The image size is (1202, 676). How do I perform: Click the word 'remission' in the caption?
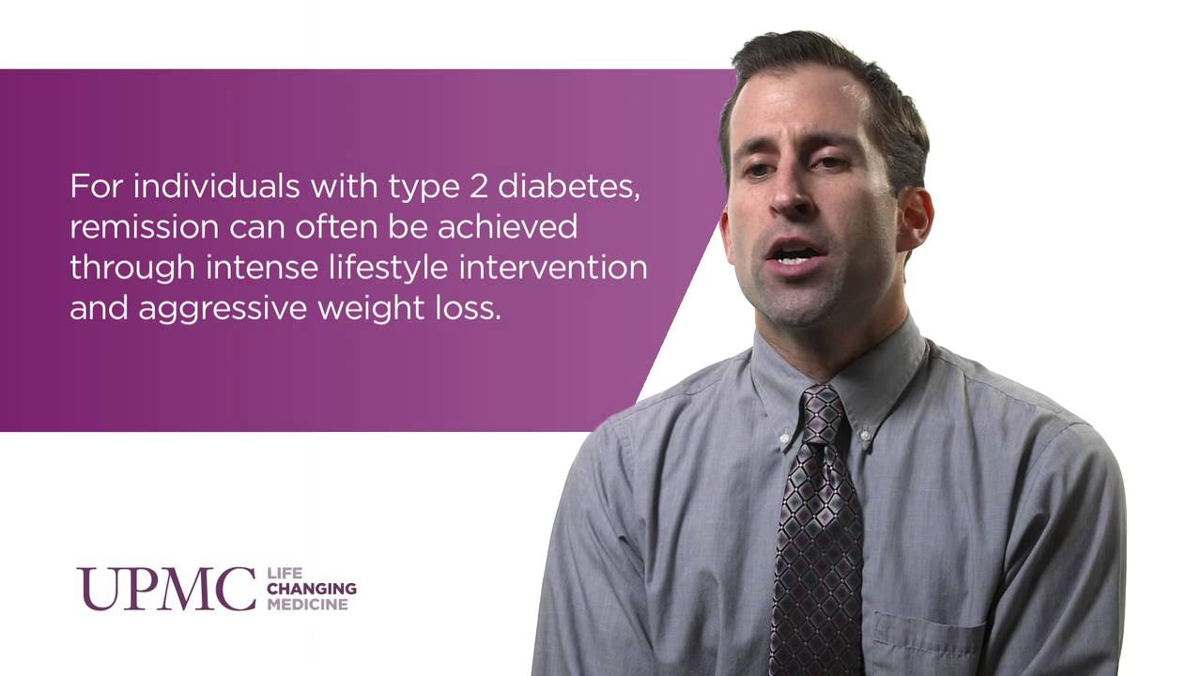145,227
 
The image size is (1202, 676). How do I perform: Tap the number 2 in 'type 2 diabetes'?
479,187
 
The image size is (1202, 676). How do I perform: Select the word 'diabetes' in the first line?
569,187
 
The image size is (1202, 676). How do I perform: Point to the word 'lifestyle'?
388,268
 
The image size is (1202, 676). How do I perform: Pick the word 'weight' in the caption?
371,309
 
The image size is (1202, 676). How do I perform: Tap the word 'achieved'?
508,226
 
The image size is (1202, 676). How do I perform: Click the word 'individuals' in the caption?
216,186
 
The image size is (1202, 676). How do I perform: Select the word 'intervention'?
553,268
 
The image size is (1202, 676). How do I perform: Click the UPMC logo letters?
166,589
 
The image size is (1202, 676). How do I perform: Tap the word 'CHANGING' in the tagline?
312,589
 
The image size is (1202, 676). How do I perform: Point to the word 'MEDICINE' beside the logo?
308,605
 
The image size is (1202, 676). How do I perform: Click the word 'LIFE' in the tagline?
285,573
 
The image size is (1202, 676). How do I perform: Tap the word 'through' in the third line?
132,268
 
